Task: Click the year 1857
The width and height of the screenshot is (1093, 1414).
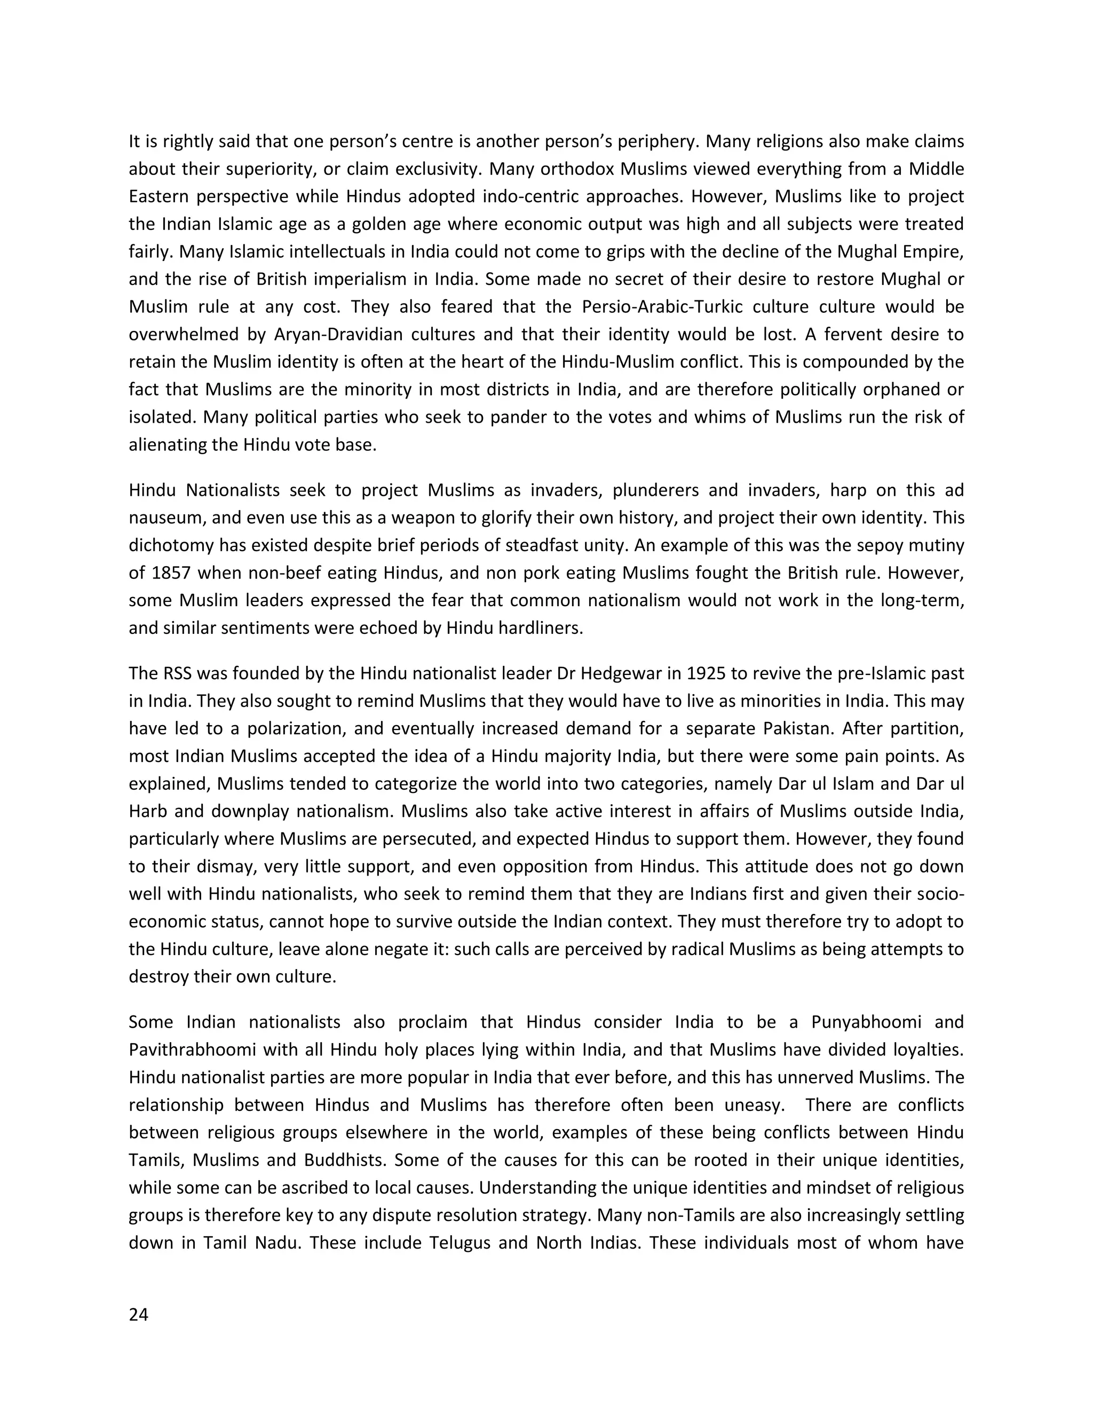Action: pyautogui.click(x=171, y=573)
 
